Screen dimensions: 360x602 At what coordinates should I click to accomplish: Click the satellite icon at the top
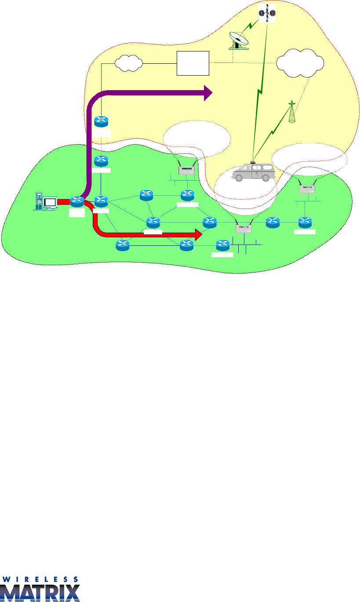tap(267, 13)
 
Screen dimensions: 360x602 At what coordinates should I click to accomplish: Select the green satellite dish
tap(239, 40)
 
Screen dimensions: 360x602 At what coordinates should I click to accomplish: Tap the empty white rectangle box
tap(193, 63)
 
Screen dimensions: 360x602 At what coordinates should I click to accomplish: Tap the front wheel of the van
tap(239, 177)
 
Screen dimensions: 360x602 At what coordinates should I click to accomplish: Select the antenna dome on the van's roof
tap(253, 162)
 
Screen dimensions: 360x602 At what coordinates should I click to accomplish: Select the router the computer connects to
tap(77, 202)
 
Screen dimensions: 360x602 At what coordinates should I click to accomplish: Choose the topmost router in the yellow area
tap(102, 122)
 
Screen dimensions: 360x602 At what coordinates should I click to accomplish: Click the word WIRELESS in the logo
tap(40, 579)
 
